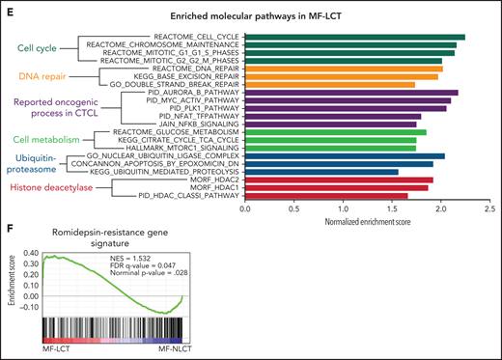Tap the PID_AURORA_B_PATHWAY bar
click(x=351, y=93)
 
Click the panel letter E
click(x=9, y=7)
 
